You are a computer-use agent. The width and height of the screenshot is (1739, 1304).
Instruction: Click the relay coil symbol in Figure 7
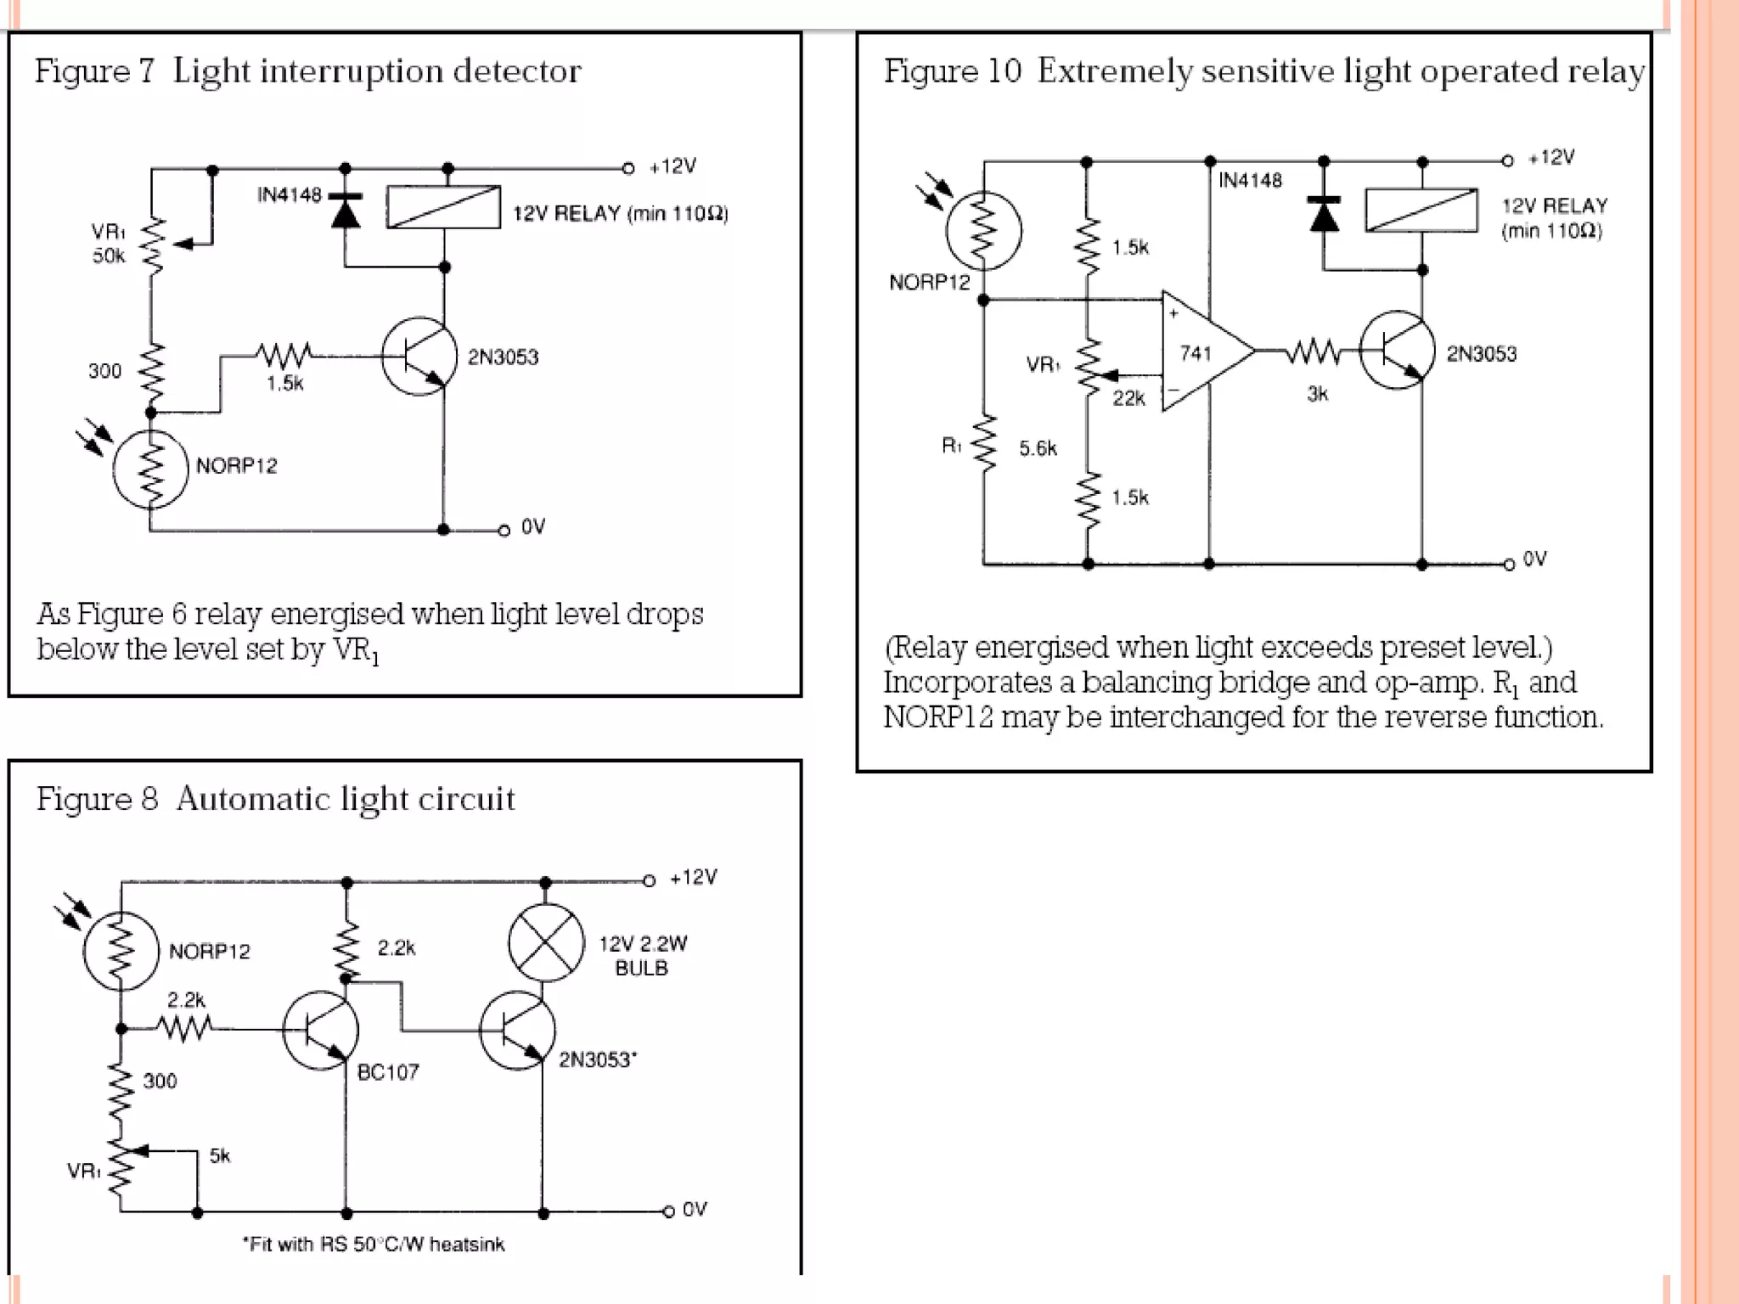tap(443, 207)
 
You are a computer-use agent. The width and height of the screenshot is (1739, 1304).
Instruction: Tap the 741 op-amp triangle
tap(1201, 351)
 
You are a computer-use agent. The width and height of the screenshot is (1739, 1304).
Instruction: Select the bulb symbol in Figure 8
tap(546, 943)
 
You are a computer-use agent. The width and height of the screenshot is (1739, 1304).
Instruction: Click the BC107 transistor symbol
tap(320, 1031)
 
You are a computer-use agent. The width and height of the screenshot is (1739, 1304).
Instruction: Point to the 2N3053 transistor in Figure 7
tap(418, 357)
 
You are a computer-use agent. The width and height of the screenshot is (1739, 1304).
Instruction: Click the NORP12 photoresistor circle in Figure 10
tap(983, 231)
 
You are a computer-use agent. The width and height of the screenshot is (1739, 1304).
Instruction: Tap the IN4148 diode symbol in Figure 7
tap(345, 211)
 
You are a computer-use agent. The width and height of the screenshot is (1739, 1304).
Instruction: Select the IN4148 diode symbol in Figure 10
tap(1324, 214)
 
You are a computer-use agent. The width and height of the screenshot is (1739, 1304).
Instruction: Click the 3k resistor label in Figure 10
tap(1317, 394)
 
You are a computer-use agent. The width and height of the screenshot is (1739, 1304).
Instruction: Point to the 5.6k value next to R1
tap(1038, 448)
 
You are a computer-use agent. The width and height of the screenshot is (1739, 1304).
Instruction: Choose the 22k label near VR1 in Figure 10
tap(1128, 398)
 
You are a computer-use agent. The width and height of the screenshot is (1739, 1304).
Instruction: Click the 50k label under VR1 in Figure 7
tap(109, 256)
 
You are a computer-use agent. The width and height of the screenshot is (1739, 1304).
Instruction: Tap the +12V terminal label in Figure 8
tap(693, 877)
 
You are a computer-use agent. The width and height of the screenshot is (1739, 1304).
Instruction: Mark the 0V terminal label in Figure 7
tap(532, 527)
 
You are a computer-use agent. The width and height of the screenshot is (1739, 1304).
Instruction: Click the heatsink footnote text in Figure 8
tap(374, 1245)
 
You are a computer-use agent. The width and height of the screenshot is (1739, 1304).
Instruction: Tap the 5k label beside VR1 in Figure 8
tap(219, 1155)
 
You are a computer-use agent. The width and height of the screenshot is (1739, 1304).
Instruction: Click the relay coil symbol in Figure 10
tap(1421, 210)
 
